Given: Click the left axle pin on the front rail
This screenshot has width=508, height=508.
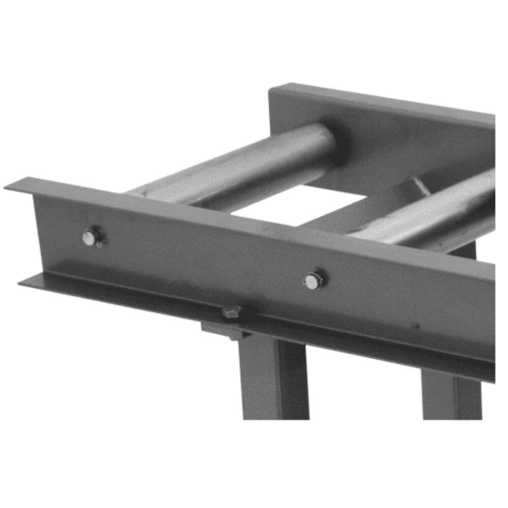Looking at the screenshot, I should pyautogui.click(x=90, y=237).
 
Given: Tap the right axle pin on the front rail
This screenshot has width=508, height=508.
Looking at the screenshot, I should pyautogui.click(x=312, y=281).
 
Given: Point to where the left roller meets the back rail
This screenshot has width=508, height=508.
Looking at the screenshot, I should pyautogui.click(x=333, y=142).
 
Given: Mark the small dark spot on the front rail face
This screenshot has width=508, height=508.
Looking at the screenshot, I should pyautogui.click(x=416, y=325).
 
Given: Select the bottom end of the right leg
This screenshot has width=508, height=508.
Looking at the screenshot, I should pyautogui.click(x=452, y=418).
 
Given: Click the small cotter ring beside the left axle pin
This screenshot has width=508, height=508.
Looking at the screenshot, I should pyautogui.click(x=100, y=244).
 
